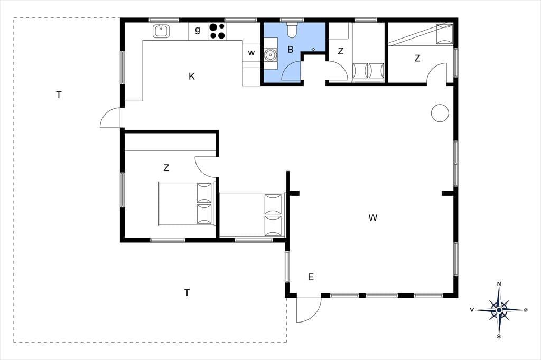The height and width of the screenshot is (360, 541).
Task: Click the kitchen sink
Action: (x=161, y=31)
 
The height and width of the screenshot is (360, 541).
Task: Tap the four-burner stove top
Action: (x=217, y=31)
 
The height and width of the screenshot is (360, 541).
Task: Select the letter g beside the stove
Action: (x=198, y=30)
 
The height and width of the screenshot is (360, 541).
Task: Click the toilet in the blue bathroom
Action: (x=292, y=30)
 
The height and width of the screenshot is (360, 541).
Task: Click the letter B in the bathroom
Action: (x=290, y=50)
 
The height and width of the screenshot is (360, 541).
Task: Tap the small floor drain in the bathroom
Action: (x=313, y=49)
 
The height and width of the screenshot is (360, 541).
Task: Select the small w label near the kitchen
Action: (x=251, y=53)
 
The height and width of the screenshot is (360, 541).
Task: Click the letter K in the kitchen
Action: (x=192, y=76)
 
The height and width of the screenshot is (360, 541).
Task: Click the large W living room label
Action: (x=372, y=218)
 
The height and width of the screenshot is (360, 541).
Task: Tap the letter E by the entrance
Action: (x=311, y=277)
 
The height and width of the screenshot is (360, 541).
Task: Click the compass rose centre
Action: (x=499, y=310)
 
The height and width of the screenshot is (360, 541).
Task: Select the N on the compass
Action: (x=499, y=284)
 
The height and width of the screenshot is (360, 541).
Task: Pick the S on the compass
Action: (x=499, y=337)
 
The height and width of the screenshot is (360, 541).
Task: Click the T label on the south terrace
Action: (x=187, y=293)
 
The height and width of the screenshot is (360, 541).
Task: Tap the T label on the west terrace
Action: (x=59, y=95)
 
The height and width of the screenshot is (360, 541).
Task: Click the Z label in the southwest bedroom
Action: (x=166, y=168)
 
